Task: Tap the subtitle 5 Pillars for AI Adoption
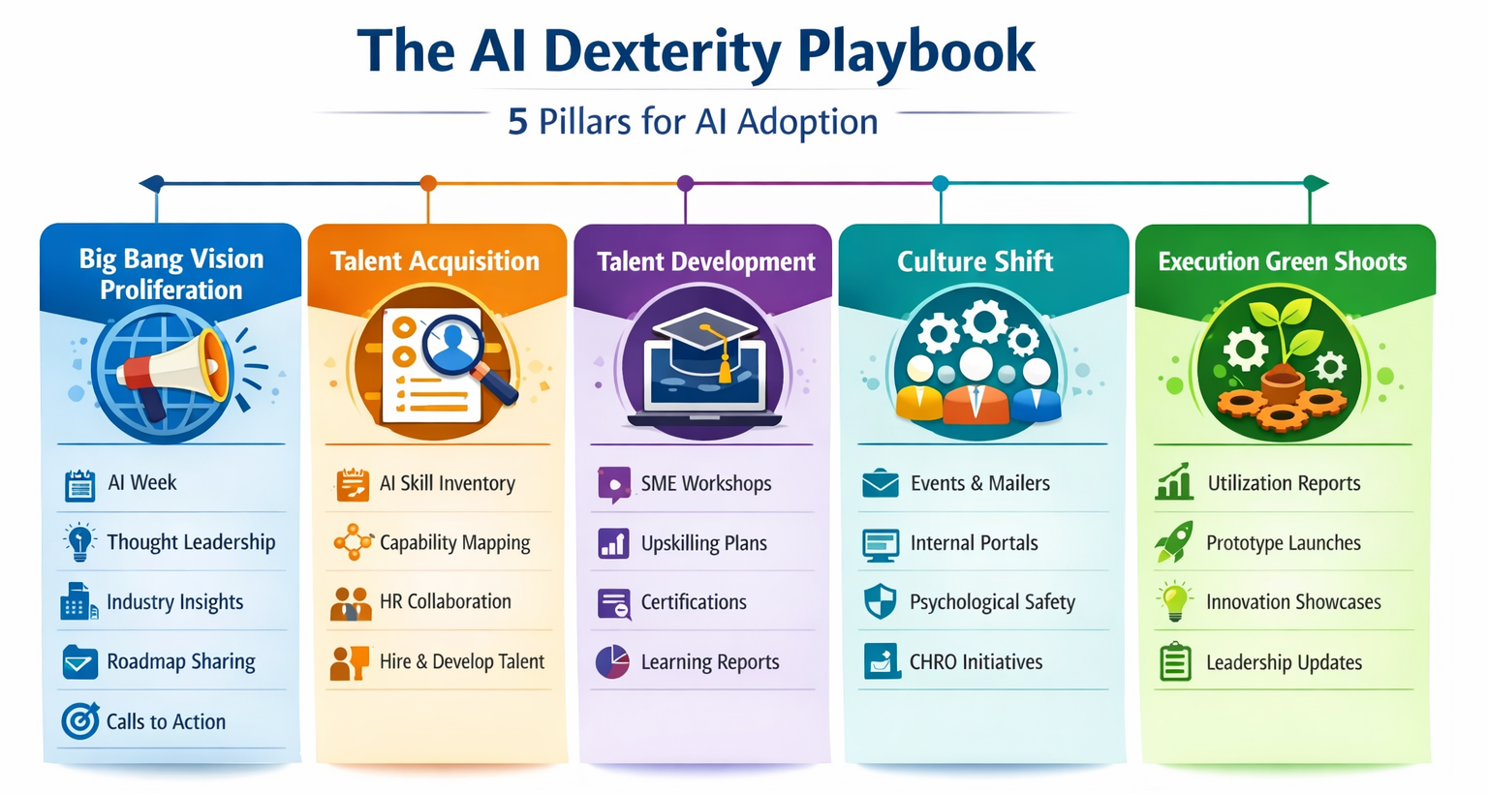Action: (x=693, y=122)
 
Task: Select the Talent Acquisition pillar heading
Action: (x=435, y=260)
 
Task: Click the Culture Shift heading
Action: (x=975, y=260)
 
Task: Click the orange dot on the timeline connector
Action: (x=428, y=183)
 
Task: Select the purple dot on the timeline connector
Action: (x=686, y=183)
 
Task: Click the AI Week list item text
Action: (x=142, y=482)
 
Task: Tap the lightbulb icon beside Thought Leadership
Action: (x=79, y=541)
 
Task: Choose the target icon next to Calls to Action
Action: (x=79, y=721)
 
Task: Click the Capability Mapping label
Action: (x=454, y=542)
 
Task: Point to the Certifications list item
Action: (x=694, y=602)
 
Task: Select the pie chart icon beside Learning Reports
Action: (x=612, y=662)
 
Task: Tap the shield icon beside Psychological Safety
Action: (x=880, y=602)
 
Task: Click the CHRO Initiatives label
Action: (x=976, y=662)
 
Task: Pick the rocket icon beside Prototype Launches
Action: (x=1174, y=542)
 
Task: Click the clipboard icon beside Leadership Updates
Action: (x=1175, y=662)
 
